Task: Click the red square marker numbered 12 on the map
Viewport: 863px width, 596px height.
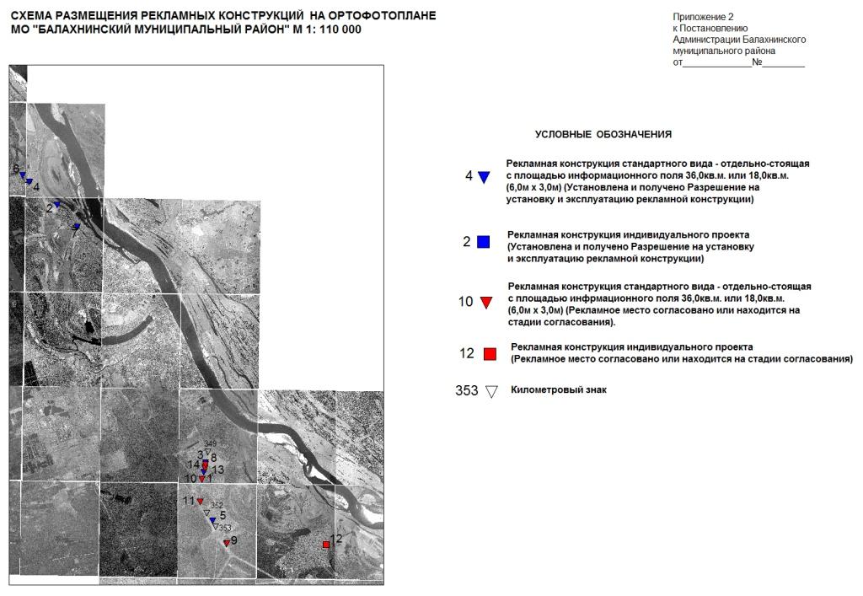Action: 326,545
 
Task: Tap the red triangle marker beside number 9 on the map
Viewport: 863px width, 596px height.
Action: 226,543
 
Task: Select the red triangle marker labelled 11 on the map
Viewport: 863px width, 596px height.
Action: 201,502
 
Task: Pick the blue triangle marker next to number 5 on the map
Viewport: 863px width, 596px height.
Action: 212,520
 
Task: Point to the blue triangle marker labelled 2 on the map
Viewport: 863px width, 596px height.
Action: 57,205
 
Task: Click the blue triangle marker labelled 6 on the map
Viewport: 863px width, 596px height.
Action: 23,176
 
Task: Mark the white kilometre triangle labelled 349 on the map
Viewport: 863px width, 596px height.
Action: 207,452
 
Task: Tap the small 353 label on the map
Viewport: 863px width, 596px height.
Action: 225,528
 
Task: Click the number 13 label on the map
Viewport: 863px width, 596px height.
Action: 217,470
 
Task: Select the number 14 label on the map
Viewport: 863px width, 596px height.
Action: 193,464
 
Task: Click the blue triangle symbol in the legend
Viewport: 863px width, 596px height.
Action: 484,177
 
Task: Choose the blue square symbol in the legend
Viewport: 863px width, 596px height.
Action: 484,242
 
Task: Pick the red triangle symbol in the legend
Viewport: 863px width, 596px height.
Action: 485,302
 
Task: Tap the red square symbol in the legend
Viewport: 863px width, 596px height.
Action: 490,354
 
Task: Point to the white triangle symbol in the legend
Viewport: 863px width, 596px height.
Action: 492,391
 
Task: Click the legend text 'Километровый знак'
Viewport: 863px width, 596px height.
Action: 559,390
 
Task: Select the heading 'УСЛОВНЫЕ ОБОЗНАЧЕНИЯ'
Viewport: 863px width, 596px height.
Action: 603,134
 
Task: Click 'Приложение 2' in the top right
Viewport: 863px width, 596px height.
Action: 704,17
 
